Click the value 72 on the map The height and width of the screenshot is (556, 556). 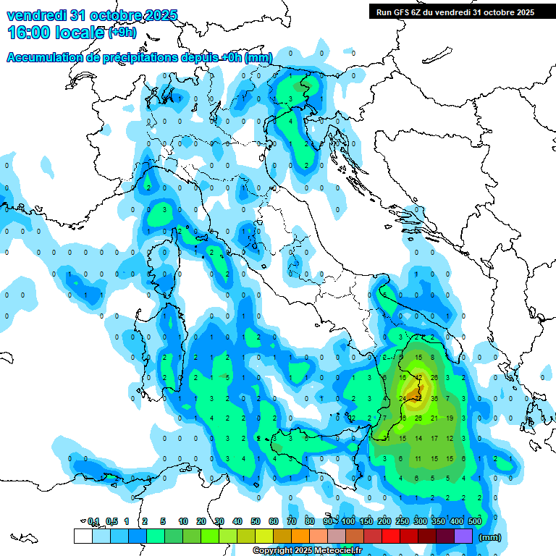[418, 398]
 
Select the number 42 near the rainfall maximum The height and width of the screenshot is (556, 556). [418, 377]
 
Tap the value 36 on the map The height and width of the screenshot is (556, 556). [434, 398]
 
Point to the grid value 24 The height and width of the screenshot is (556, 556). [403, 398]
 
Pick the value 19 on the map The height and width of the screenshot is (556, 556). [450, 418]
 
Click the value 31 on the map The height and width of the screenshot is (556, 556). [387, 439]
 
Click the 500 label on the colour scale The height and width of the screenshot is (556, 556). [475, 521]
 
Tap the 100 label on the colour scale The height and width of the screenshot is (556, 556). [348, 521]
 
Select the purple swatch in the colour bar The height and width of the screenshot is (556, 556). [463, 536]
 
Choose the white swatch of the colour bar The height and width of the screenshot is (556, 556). [83, 536]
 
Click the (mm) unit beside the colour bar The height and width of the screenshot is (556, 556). [490, 537]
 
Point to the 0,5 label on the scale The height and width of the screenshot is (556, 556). [111, 521]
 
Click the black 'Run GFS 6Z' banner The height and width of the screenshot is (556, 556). [455, 12]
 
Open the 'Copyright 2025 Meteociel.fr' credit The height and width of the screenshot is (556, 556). [308, 551]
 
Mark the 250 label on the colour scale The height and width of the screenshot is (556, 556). [403, 521]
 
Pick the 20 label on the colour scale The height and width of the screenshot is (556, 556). [201, 521]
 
